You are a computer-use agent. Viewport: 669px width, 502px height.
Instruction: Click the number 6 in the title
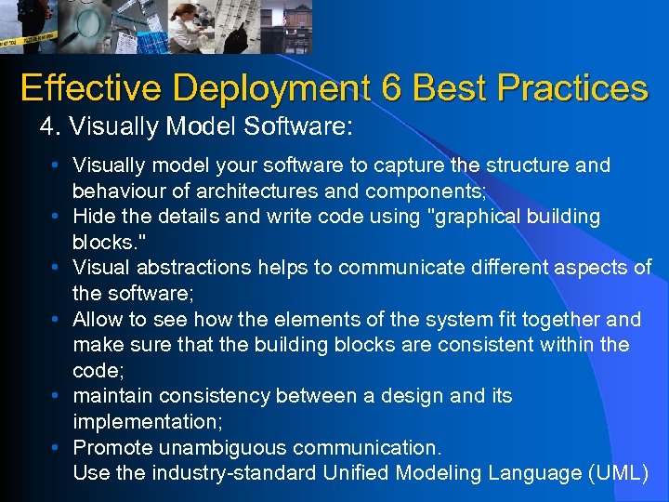click(x=390, y=88)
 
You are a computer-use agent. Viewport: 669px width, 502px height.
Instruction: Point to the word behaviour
click(x=116, y=191)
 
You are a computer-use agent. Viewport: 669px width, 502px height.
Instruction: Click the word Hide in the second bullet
click(x=93, y=217)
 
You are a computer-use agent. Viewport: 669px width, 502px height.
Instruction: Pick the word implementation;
click(x=144, y=422)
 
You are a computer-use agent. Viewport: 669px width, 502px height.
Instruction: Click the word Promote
click(x=109, y=447)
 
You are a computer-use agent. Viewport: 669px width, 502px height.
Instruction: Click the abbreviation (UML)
click(x=619, y=473)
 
